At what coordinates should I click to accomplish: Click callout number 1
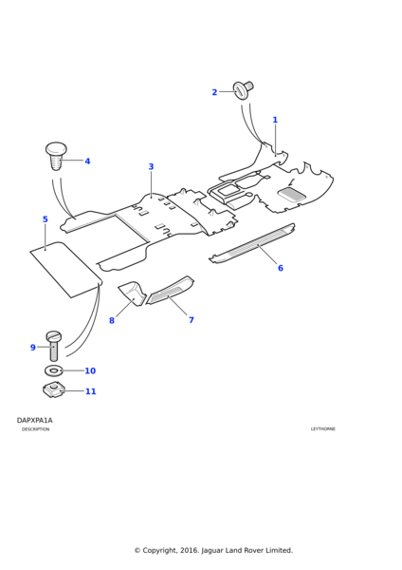point(275,120)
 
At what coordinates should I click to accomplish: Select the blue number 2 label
point(214,92)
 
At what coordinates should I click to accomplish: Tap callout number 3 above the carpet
point(151,166)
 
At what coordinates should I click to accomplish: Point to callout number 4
point(87,161)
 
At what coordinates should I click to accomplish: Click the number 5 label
point(45,219)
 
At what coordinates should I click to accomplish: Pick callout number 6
point(281,268)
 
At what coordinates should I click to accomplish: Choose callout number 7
point(192,320)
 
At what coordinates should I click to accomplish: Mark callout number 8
point(112,320)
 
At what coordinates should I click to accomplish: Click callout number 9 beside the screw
point(32,348)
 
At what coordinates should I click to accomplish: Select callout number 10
point(90,370)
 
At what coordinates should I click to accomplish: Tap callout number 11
point(91,391)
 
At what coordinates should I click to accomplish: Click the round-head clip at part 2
point(243,89)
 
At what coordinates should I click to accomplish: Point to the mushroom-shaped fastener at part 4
point(56,156)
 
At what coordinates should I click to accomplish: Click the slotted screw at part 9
point(54,346)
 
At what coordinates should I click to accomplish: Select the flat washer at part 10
point(54,370)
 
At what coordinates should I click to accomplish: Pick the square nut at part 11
point(54,390)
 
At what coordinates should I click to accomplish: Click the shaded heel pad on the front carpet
point(292,194)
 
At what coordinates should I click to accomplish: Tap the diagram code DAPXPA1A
point(34,420)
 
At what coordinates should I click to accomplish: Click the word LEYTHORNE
point(323,429)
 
